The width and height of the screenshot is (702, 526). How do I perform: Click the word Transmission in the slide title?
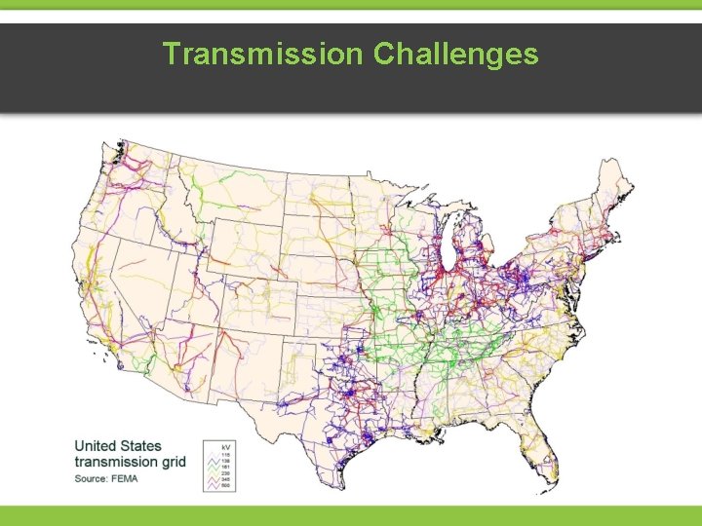262,54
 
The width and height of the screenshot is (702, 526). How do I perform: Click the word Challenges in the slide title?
455,54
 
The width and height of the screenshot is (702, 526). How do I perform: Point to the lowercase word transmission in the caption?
117,462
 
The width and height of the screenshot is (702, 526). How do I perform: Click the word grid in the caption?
175,462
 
